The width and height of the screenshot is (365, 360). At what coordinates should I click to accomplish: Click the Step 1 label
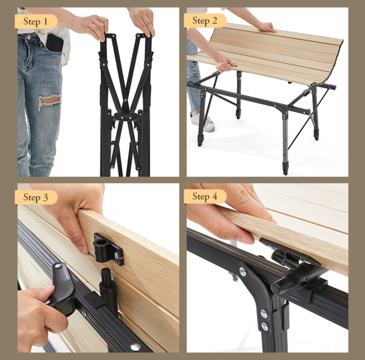pos(36,22)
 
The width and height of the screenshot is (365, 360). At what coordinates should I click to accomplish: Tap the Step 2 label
pos(205,20)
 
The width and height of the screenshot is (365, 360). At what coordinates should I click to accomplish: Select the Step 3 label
pos(36,197)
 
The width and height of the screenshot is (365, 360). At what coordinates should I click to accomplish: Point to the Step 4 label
pos(205,197)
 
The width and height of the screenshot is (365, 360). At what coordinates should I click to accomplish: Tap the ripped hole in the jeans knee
pos(49,101)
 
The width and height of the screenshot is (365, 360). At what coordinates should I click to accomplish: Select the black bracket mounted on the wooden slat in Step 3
pos(108,249)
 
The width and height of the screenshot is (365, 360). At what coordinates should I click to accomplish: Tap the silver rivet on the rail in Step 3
pos(135,347)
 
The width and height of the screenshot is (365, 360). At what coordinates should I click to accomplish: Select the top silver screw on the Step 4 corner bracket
pos(243,271)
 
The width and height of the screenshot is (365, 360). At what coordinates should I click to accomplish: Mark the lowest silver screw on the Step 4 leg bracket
pos(265,327)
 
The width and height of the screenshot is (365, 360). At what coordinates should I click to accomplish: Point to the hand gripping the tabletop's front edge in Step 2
pos(225,63)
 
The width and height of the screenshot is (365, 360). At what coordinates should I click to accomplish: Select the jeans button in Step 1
pos(29,36)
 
